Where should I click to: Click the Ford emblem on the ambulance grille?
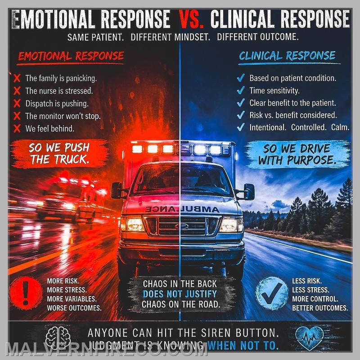tap(180, 226)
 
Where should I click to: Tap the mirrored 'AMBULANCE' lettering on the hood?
tap(180, 209)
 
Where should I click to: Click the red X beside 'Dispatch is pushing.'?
tap(18, 103)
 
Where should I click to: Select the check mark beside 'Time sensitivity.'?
tap(241, 90)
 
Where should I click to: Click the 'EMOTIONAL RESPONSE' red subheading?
tap(71, 56)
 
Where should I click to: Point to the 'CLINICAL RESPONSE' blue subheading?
tap(287, 56)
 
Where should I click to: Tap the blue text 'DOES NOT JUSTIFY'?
tap(180, 294)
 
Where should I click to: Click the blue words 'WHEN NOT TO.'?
tap(243, 346)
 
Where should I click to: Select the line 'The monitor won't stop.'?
tap(63, 116)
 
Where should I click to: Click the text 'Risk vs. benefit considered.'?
tap(293, 115)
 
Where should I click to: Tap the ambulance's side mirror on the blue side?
tap(249, 192)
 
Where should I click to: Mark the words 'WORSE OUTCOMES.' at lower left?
tap(74, 308)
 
